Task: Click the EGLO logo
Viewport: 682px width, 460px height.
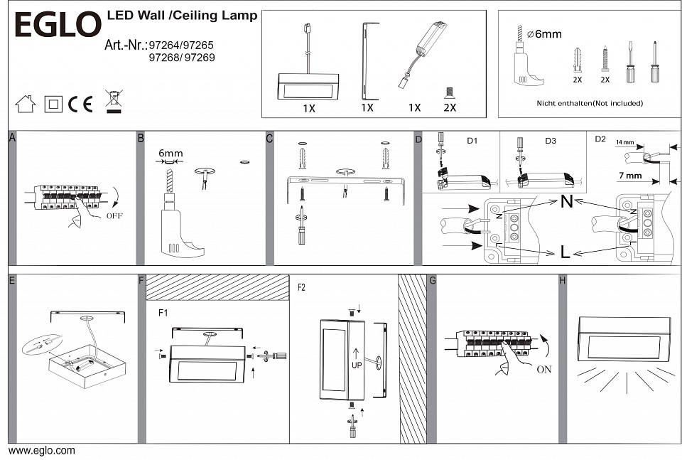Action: pos(58,26)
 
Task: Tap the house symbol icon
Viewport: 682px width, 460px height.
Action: pos(26,104)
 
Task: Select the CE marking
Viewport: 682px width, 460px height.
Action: pos(80,104)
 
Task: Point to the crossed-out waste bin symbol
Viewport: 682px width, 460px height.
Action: pos(112,102)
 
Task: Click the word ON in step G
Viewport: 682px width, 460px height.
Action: pos(545,370)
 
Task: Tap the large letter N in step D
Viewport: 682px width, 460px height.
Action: pos(566,202)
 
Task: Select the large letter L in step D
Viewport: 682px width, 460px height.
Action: pos(565,252)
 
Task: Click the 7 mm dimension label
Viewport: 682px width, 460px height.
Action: pos(630,175)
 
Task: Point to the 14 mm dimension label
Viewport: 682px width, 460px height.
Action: pos(624,143)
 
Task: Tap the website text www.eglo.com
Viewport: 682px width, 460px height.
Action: pos(41,451)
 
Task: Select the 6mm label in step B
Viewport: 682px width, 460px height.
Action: pos(170,153)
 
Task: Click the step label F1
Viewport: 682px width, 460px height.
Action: pos(163,312)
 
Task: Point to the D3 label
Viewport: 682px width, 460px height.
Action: pos(551,141)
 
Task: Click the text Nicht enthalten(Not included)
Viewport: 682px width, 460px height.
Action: pos(590,103)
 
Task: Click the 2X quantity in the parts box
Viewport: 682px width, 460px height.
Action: pos(449,107)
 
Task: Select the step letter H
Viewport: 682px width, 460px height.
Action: pos(563,281)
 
